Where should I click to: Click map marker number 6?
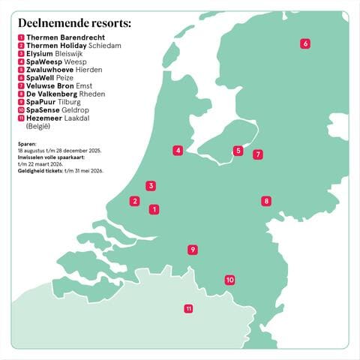[x=304, y=43]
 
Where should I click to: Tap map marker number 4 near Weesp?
[x=178, y=150]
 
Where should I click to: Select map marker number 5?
[x=238, y=151]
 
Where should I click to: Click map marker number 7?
[x=258, y=154]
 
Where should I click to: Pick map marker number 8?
[x=265, y=201]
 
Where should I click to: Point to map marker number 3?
[x=151, y=185]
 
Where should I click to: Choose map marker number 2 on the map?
[x=134, y=200]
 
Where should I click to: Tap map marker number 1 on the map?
[x=154, y=209]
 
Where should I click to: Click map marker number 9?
[x=193, y=250]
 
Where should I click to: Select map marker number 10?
[x=229, y=280]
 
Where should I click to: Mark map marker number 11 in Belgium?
[x=188, y=308]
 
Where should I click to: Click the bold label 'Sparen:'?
[x=28, y=143]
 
